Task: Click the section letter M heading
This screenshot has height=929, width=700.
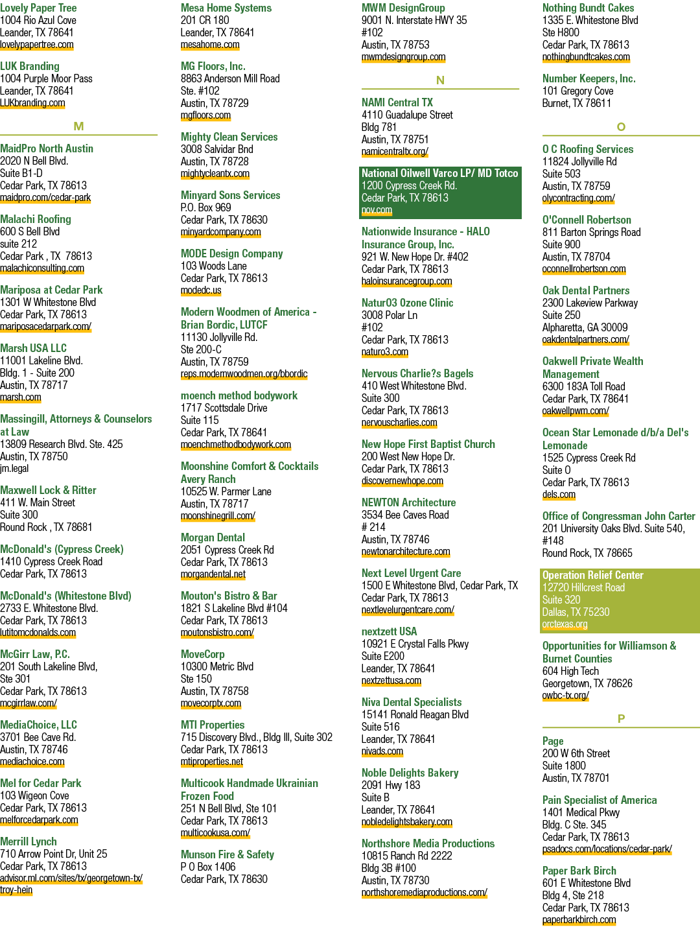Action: pos(78,126)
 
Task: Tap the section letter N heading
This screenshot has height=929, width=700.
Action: pos(440,80)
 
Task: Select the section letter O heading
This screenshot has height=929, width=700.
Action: pos(621,127)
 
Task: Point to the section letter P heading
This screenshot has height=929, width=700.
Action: pos(621,719)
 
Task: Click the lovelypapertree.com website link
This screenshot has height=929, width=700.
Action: pos(37,45)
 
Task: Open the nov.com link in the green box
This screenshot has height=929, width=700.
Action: pos(377,210)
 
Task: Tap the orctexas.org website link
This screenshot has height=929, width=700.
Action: pos(565,624)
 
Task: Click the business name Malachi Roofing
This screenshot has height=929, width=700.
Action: pos(36,219)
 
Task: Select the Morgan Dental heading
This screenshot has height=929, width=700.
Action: pos(213,537)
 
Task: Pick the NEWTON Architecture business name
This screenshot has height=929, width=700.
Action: pos(408,502)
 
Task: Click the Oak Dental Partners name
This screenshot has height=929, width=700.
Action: pos(586,290)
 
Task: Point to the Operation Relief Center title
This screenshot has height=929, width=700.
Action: pos(593,575)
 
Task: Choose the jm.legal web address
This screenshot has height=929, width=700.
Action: pos(14,469)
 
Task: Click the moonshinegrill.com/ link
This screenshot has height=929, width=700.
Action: pos(218,516)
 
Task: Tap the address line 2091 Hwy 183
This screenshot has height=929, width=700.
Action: pos(391,785)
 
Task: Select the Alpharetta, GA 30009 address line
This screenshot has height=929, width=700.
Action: pos(585,327)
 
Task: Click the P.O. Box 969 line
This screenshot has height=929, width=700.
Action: pos(206,207)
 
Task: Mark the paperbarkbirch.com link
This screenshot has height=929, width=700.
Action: pos(579,920)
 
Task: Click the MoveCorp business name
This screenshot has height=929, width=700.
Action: pos(203,654)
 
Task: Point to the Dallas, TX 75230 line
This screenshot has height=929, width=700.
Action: pos(576,612)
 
